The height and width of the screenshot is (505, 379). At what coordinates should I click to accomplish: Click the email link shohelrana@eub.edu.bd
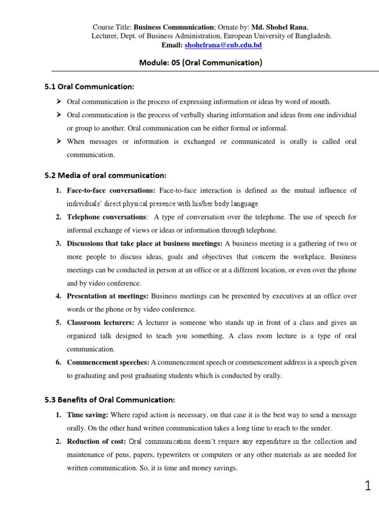pos(223,45)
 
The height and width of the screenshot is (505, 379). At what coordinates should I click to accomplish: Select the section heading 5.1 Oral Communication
pos(89,87)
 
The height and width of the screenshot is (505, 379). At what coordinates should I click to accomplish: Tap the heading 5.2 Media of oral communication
pos(105,175)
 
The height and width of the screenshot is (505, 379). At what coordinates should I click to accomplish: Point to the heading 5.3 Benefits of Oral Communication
pos(110,399)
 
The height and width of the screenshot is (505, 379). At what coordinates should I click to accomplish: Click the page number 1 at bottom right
pos(368,487)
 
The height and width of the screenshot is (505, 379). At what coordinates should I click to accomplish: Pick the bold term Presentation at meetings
pos(108,296)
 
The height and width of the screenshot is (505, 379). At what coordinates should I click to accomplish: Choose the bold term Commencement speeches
pos(108,362)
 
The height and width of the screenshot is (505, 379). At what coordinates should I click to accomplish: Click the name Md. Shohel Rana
pos(280,27)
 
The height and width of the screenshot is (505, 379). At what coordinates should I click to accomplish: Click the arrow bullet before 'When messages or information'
pos(58,142)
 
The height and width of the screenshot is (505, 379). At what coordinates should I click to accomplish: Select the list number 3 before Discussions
pos(58,244)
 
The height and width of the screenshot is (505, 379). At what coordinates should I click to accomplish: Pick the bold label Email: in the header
pos(172,45)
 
